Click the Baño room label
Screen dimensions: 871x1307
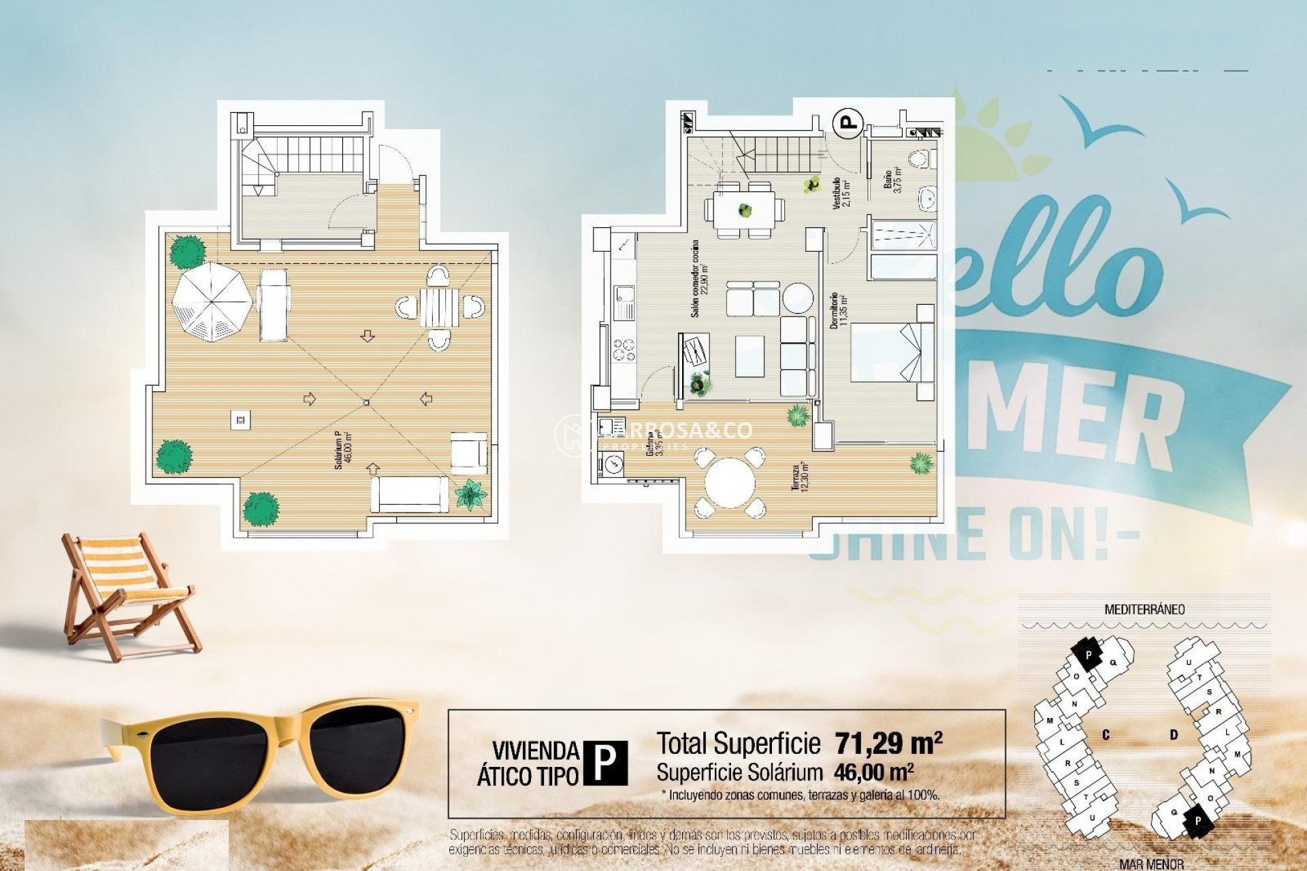(x=892, y=180)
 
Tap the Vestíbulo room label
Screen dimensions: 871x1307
(x=839, y=193)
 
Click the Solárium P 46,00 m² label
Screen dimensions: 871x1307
(x=342, y=450)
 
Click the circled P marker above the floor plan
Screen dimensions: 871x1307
(x=848, y=123)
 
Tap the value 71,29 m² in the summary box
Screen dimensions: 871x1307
(x=888, y=743)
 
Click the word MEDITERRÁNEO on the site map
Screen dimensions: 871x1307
(x=1144, y=610)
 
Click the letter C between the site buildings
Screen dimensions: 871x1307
(x=1106, y=735)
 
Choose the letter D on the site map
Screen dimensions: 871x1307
(x=1174, y=735)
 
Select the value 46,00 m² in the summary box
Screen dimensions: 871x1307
(x=873, y=772)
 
